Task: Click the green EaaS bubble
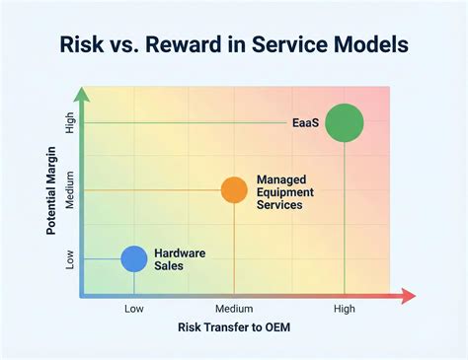click(x=344, y=123)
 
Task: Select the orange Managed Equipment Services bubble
click(x=234, y=189)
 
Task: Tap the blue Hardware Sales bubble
click(x=134, y=258)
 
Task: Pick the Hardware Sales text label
click(x=180, y=259)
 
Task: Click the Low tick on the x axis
click(x=134, y=309)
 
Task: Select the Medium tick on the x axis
click(x=234, y=309)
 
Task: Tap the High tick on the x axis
click(x=344, y=309)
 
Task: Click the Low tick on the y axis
click(x=70, y=258)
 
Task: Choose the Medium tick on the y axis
click(x=70, y=189)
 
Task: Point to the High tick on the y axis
click(x=70, y=123)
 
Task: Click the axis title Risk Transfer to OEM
click(x=234, y=326)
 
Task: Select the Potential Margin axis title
click(x=50, y=189)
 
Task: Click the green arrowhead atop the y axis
click(x=83, y=95)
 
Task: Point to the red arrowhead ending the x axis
click(x=409, y=296)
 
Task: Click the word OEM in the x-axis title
click(x=275, y=326)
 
